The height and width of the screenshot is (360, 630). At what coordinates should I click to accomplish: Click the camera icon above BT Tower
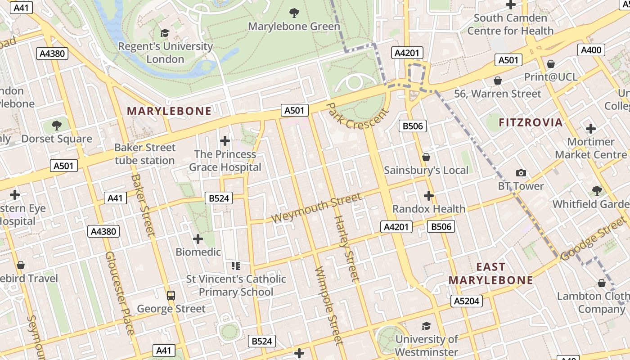[521, 173]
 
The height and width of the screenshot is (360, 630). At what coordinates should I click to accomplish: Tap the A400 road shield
[591, 50]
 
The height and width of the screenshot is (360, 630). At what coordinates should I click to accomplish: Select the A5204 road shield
[467, 301]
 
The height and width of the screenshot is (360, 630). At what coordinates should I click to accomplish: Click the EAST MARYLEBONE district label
[490, 274]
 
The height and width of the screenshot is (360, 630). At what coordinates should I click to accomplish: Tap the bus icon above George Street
[171, 296]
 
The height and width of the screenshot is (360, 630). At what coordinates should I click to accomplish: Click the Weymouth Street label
[316, 207]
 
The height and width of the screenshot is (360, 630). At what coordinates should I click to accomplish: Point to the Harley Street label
[346, 248]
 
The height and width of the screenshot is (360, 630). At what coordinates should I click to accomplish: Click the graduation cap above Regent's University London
[165, 33]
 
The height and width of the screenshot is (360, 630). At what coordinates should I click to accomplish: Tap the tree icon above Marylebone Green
[294, 13]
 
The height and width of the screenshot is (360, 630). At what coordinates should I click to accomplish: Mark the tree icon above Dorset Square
[57, 126]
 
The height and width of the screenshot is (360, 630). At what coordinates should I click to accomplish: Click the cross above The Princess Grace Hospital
[225, 141]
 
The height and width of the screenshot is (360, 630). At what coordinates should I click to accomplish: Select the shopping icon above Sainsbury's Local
[426, 157]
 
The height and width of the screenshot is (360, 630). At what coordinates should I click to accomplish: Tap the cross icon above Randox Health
[429, 196]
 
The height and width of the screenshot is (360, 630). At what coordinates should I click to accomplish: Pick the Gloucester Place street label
[119, 292]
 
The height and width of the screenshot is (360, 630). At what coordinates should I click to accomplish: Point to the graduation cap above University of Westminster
[426, 326]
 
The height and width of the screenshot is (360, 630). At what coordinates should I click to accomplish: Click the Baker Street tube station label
[144, 154]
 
